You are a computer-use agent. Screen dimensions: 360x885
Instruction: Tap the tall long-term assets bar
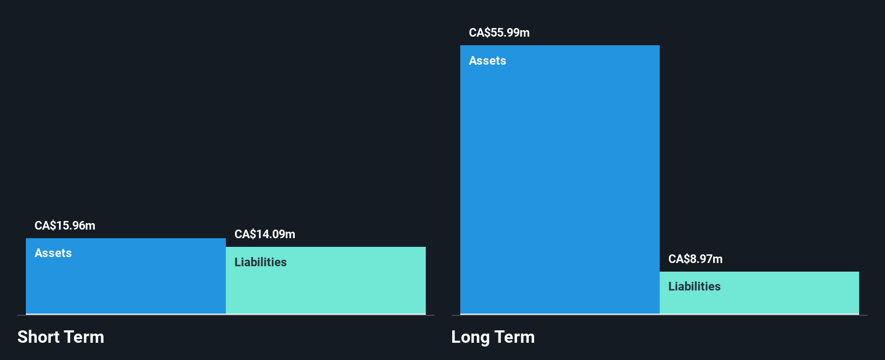(x=559, y=183)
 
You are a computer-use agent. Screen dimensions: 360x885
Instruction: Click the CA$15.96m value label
(x=65, y=226)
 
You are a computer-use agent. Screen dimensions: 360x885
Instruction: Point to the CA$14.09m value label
(x=265, y=234)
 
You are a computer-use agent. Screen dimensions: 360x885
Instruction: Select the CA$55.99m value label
(x=499, y=33)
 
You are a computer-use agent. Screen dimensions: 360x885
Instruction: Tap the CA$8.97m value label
(x=695, y=259)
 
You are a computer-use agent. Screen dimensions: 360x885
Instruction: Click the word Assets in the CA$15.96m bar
(x=53, y=253)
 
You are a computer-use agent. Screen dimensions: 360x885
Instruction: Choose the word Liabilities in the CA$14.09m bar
(x=260, y=262)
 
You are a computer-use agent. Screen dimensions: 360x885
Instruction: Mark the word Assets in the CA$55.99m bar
(x=487, y=61)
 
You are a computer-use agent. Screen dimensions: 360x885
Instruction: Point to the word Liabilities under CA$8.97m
(x=694, y=287)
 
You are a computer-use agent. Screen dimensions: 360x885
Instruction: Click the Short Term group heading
(x=60, y=337)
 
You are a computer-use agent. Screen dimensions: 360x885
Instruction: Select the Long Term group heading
(x=493, y=337)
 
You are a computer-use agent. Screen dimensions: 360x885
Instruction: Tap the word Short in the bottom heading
(x=38, y=337)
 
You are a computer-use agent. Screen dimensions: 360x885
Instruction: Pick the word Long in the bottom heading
(x=470, y=337)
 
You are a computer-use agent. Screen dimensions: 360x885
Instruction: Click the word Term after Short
(x=84, y=337)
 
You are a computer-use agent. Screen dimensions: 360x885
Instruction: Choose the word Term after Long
(x=515, y=337)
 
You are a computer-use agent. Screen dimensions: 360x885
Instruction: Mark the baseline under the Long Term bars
(x=659, y=315)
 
